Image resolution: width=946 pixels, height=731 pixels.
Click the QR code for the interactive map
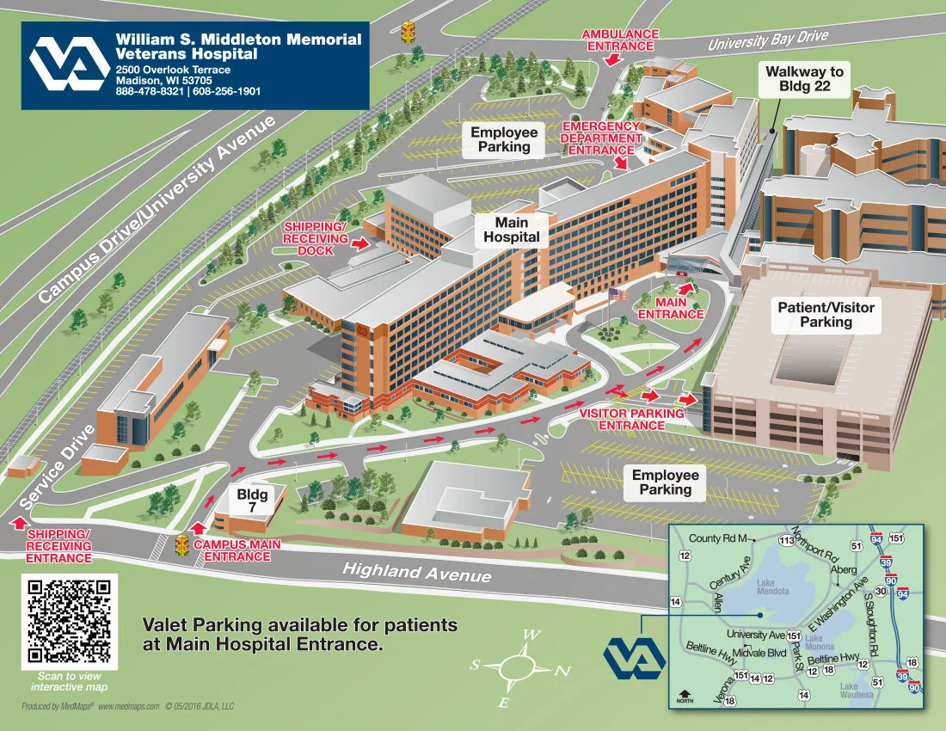70,621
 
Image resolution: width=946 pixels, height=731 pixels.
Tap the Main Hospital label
512,230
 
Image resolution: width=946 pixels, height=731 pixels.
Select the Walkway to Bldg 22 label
805,78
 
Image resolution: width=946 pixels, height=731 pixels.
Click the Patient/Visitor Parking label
826,315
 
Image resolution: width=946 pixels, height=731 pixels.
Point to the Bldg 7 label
252,501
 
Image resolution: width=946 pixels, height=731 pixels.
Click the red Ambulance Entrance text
620,40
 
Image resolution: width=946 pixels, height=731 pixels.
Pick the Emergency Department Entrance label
601,138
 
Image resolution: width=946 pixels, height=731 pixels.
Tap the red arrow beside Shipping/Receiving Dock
361,244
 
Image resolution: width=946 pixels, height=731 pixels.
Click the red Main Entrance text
671,309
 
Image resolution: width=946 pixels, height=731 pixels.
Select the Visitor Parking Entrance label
631,419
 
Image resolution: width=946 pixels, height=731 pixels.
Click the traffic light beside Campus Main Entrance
181,544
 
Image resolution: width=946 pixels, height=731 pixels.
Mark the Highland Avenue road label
416,572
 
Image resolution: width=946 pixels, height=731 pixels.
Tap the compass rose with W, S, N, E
516,668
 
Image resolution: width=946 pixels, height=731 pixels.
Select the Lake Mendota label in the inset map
771,587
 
